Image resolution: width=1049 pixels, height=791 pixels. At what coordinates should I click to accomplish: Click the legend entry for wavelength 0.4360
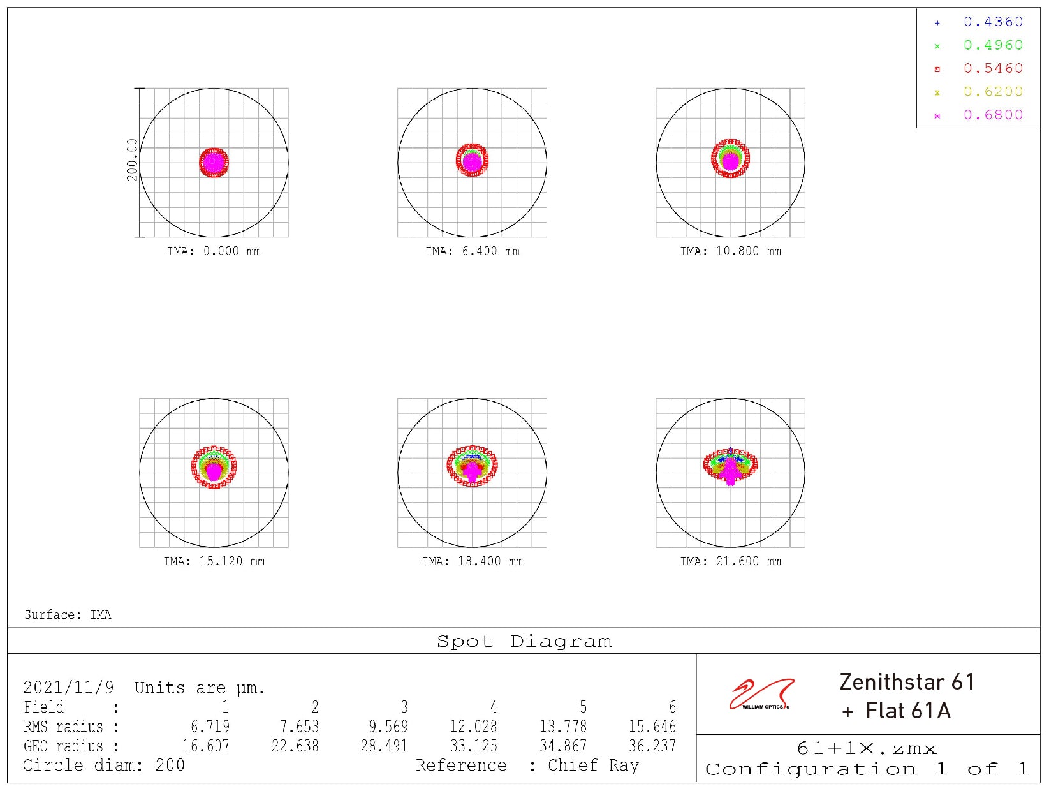(x=992, y=22)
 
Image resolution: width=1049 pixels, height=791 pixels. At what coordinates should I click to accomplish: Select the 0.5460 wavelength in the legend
(x=992, y=69)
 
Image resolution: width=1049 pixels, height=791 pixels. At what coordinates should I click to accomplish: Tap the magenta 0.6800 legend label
(x=992, y=115)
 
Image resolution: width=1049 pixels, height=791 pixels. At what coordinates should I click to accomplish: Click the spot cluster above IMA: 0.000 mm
(x=214, y=163)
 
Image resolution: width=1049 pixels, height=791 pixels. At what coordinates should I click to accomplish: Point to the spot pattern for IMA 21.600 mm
(x=730, y=466)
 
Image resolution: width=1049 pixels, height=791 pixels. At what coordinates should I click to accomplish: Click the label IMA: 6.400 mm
(x=473, y=251)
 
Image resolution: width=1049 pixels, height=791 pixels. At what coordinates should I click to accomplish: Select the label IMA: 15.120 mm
(x=214, y=561)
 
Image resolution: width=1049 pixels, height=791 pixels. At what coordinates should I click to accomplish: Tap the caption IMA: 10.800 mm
(x=730, y=251)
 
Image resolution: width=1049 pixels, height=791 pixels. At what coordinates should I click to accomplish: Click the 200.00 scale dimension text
(x=132, y=159)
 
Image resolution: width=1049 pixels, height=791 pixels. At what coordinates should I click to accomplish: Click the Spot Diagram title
(x=524, y=641)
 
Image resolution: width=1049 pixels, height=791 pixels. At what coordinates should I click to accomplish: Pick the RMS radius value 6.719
(x=210, y=727)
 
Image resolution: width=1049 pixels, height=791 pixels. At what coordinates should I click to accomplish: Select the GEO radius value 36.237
(x=652, y=746)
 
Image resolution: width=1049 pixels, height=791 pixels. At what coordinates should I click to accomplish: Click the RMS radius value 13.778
(x=562, y=727)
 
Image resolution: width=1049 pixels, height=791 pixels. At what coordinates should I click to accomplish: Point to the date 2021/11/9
(x=68, y=688)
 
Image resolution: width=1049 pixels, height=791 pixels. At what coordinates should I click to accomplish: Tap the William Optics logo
(x=761, y=695)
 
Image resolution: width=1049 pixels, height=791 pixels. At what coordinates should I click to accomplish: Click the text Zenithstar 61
(x=906, y=683)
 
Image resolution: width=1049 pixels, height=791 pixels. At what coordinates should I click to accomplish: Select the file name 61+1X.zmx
(x=867, y=748)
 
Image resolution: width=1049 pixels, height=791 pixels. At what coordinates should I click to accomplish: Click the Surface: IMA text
(x=68, y=615)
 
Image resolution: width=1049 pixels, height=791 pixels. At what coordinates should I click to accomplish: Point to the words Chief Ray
(x=593, y=765)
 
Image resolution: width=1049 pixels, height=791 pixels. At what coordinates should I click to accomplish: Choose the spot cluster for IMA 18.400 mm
(x=472, y=466)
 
